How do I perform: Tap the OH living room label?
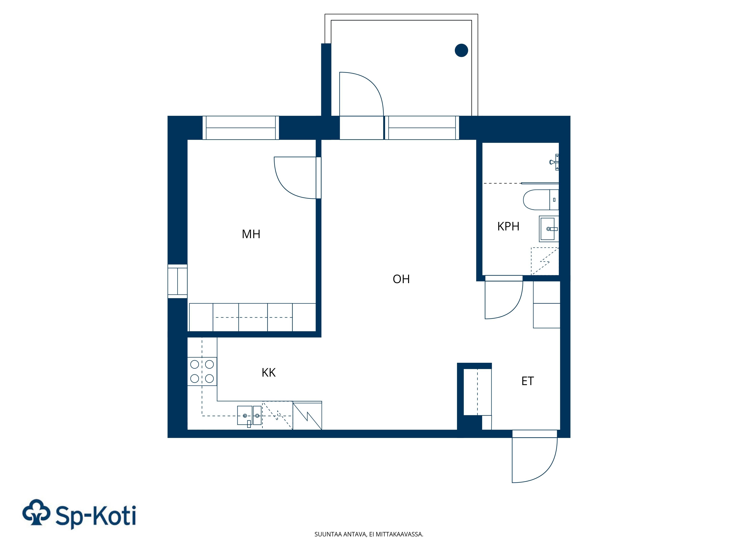tap(401, 279)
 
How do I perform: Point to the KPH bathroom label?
tap(508, 227)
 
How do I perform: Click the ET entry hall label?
tap(527, 381)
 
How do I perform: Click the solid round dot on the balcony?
tap(461, 50)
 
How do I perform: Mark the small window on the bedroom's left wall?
tap(177, 281)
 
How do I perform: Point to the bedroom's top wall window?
tap(241, 128)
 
